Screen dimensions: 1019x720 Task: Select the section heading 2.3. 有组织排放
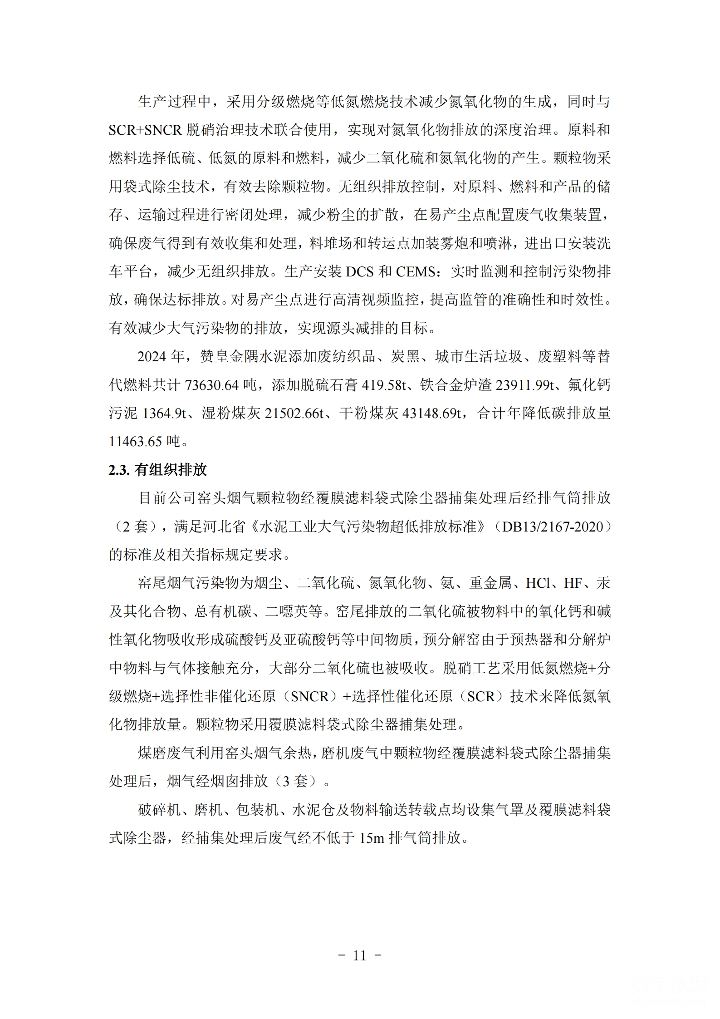(x=157, y=470)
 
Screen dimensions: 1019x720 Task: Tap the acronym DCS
(x=360, y=271)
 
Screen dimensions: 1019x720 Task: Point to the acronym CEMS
(x=415, y=271)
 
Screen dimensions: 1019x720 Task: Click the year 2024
(x=152, y=357)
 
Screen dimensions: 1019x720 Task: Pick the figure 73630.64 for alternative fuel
(x=211, y=385)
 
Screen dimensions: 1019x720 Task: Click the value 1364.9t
(x=162, y=413)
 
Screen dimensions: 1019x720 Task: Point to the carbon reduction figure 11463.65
(x=137, y=441)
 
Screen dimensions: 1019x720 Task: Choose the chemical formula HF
(x=573, y=583)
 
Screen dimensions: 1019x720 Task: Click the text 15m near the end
(x=372, y=838)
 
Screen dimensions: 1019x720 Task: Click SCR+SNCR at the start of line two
(x=145, y=130)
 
